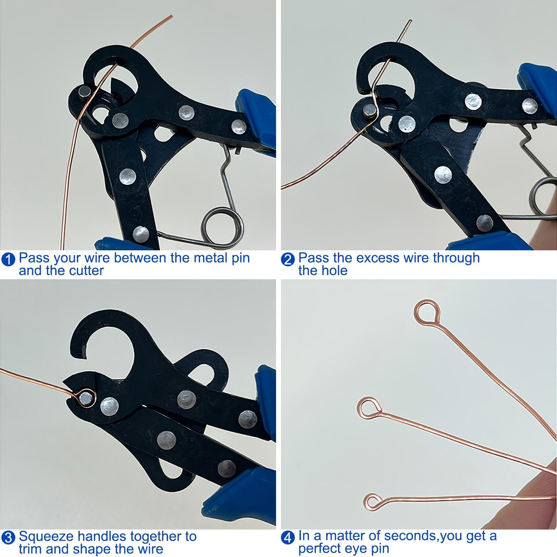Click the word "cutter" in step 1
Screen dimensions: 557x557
pyautogui.click(x=85, y=271)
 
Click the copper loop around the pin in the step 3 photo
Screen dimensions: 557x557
pyautogui.click(x=85, y=398)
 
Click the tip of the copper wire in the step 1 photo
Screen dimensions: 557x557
pyautogui.click(x=171, y=16)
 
